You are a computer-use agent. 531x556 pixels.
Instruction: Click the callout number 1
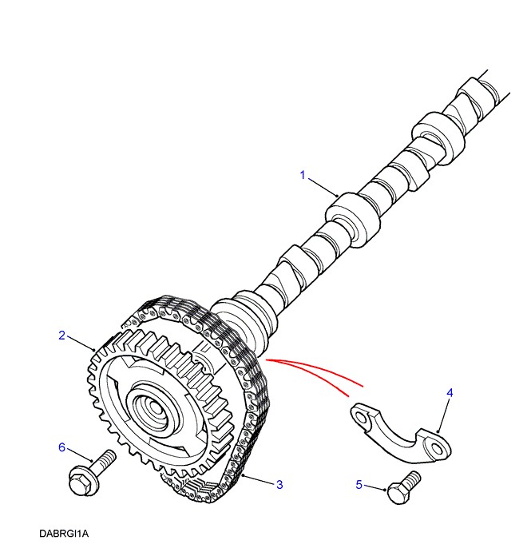tap(303, 174)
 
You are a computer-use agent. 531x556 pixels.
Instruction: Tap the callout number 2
tap(61, 335)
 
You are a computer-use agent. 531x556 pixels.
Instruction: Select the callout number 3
tap(279, 484)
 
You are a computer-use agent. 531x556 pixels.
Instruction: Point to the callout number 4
tap(450, 393)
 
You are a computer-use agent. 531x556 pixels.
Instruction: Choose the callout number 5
tap(359, 484)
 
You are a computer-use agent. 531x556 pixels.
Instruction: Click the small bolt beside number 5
tap(403, 487)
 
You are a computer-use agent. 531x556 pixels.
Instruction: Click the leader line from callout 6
tap(77, 455)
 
